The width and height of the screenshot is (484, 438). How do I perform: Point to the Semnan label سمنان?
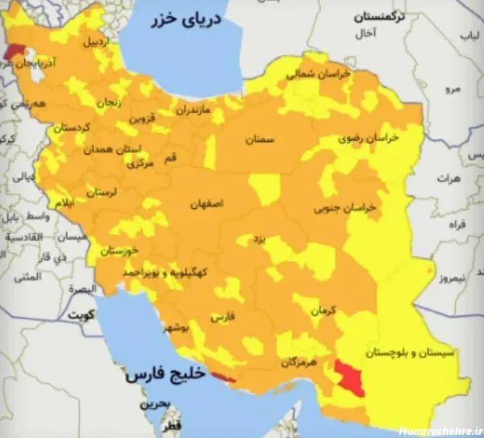(x=260, y=139)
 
